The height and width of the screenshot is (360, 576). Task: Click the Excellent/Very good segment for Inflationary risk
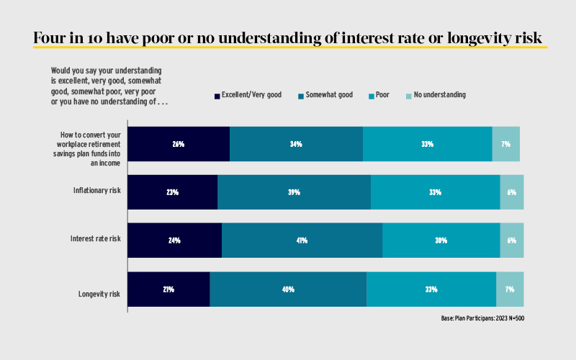click(x=173, y=192)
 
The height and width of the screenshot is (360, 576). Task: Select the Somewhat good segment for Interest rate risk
click(x=302, y=240)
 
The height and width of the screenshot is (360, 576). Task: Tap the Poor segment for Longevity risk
click(x=431, y=289)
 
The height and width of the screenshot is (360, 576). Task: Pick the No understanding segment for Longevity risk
click(x=510, y=289)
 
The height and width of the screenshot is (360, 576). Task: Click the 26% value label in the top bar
click(x=179, y=144)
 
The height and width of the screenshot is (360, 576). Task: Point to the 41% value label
click(x=302, y=240)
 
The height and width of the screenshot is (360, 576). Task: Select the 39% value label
click(x=294, y=192)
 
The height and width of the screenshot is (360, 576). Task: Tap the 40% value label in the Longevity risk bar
click(x=288, y=289)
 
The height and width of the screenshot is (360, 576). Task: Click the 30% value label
click(x=441, y=240)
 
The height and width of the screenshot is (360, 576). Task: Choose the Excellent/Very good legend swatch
click(x=217, y=95)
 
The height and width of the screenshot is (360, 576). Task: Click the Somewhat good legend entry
click(x=325, y=94)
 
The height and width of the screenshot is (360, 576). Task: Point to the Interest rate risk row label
click(x=95, y=238)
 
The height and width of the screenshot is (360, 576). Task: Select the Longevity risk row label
click(x=99, y=294)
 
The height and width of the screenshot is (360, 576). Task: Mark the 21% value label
click(x=168, y=289)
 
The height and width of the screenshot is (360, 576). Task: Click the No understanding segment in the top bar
click(x=505, y=144)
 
